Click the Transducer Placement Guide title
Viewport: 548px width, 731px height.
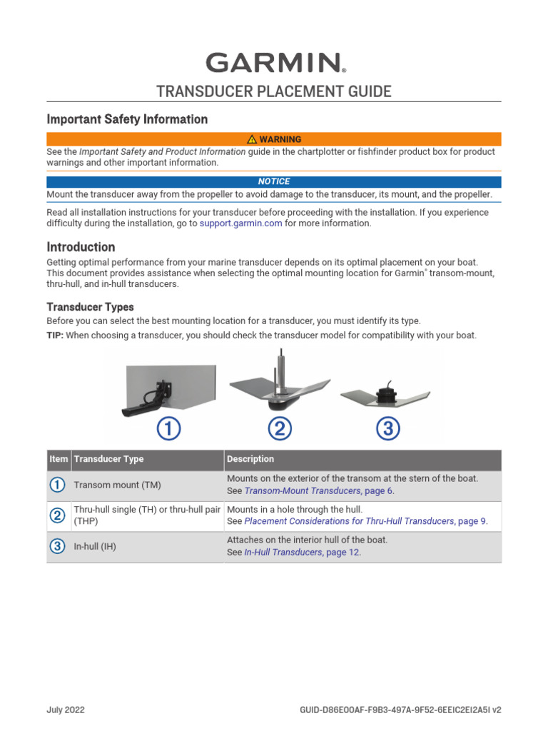[274, 91]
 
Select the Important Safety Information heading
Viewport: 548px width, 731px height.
[127, 119]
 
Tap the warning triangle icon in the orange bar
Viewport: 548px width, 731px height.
[252, 139]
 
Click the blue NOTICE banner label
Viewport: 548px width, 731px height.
[274, 182]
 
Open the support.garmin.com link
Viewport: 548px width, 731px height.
[240, 223]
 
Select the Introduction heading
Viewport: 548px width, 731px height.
[81, 247]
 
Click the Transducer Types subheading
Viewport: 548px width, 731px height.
[90, 307]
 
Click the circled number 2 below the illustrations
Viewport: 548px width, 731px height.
[280, 429]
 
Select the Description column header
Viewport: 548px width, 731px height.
[250, 459]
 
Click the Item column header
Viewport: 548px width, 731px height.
[59, 459]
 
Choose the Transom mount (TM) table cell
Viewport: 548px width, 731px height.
[117, 485]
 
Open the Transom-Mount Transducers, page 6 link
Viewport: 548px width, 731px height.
[318, 491]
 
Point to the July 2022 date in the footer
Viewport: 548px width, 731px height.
[66, 710]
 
